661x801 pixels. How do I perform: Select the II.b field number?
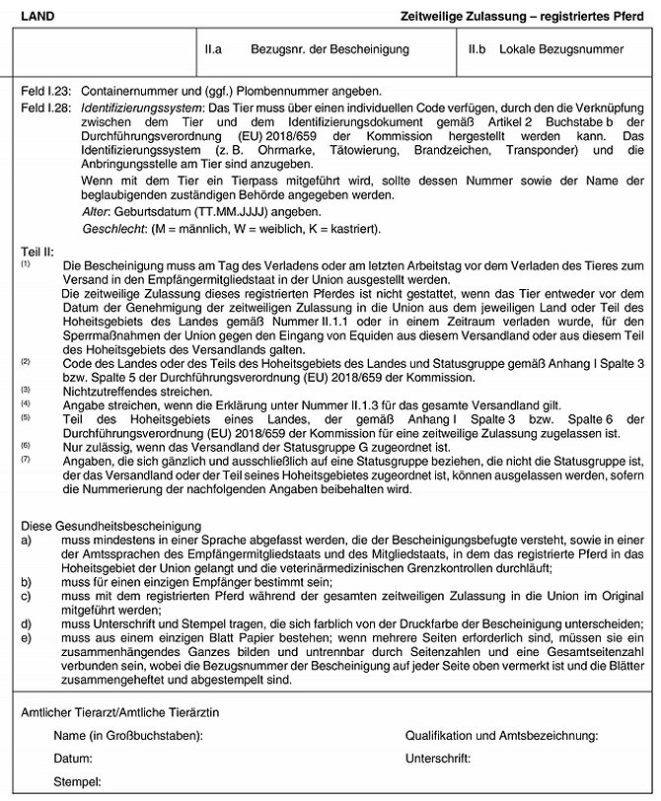tap(480, 47)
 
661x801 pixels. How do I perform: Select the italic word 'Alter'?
tap(94, 212)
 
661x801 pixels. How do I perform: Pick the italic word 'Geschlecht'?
tap(110, 228)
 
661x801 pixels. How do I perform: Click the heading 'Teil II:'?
tap(38, 252)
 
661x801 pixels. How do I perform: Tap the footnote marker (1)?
tap(26, 263)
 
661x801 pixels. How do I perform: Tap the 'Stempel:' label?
tap(78, 781)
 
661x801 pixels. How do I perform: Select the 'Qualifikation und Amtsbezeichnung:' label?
tap(502, 735)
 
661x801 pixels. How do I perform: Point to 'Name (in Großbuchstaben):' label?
tap(128, 735)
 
